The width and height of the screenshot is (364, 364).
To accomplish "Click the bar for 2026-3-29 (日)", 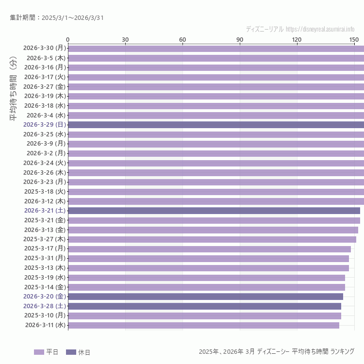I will pos(216,125).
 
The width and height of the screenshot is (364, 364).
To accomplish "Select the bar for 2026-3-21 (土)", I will pos(214,211).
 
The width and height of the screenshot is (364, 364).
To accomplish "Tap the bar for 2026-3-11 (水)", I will pos(204,325).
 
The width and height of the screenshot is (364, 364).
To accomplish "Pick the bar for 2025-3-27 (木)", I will pos(212,239).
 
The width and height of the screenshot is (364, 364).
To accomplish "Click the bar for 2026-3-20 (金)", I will pos(206,297).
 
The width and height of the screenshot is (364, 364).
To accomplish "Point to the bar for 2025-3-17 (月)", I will pos(209,248).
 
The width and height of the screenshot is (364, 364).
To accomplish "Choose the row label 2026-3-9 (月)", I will pos(46,144).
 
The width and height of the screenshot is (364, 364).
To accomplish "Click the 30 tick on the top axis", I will pos(125,39).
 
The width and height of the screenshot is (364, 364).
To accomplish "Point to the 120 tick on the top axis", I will pos(297,39).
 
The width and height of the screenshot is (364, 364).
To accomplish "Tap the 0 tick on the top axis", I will pos(68,39).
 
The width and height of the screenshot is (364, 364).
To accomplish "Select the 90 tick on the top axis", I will pos(240,39).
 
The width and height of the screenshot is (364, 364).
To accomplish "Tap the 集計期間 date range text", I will pos(56,18).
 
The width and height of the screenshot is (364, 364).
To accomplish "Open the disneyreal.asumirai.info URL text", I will pos(320,29).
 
